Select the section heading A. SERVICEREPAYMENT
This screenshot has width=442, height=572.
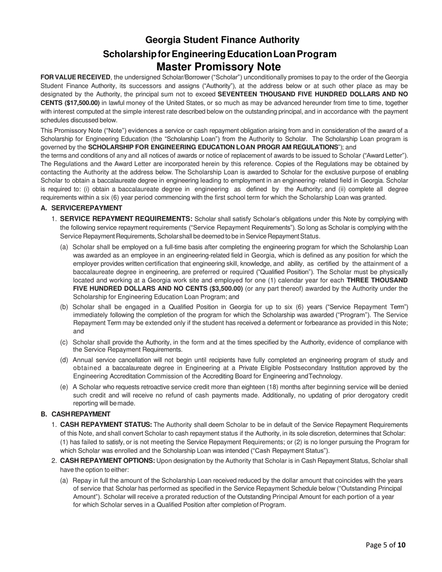point(81,208)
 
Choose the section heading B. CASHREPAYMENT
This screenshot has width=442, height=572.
point(75,414)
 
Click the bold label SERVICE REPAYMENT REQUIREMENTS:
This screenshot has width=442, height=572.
point(126,219)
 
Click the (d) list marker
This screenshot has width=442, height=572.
point(64,360)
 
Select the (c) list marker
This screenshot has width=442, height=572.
point(64,342)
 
